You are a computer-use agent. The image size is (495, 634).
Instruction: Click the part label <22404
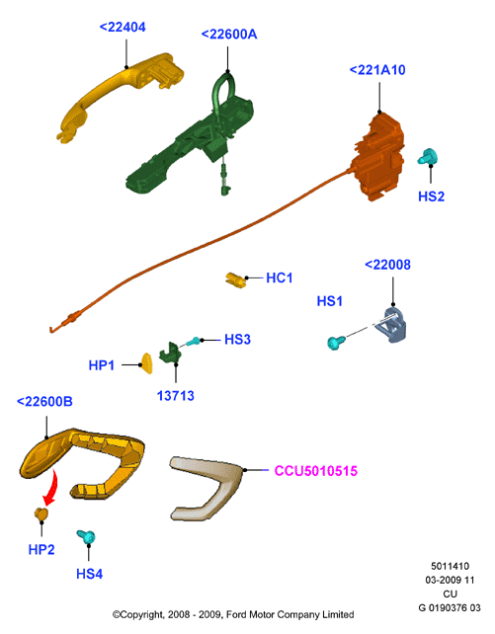click(x=123, y=28)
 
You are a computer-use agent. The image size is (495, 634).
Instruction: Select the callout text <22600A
click(x=229, y=35)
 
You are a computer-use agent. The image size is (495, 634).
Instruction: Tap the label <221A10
click(x=377, y=70)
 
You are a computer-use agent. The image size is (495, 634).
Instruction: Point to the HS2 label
click(x=431, y=197)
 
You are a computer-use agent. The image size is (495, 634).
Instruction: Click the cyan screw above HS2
click(x=428, y=156)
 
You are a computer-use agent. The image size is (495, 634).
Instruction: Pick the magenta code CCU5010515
click(x=316, y=471)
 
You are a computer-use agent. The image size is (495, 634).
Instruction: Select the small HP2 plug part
click(x=41, y=514)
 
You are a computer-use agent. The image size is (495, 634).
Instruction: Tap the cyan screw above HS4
click(x=86, y=537)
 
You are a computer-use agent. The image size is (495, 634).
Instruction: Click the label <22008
click(x=387, y=265)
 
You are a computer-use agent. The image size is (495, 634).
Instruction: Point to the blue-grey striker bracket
click(x=390, y=325)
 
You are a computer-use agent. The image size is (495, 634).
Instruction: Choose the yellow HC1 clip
click(x=236, y=279)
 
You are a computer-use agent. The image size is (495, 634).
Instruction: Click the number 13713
click(x=176, y=396)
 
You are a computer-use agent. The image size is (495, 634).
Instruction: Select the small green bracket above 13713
click(x=170, y=353)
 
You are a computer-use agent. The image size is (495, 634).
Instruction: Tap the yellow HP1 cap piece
click(x=146, y=363)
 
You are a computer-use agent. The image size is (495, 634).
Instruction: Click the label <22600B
click(x=44, y=402)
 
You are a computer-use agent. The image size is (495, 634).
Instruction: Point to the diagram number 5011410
click(x=450, y=566)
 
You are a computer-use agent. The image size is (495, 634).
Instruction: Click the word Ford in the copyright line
click(x=235, y=615)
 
